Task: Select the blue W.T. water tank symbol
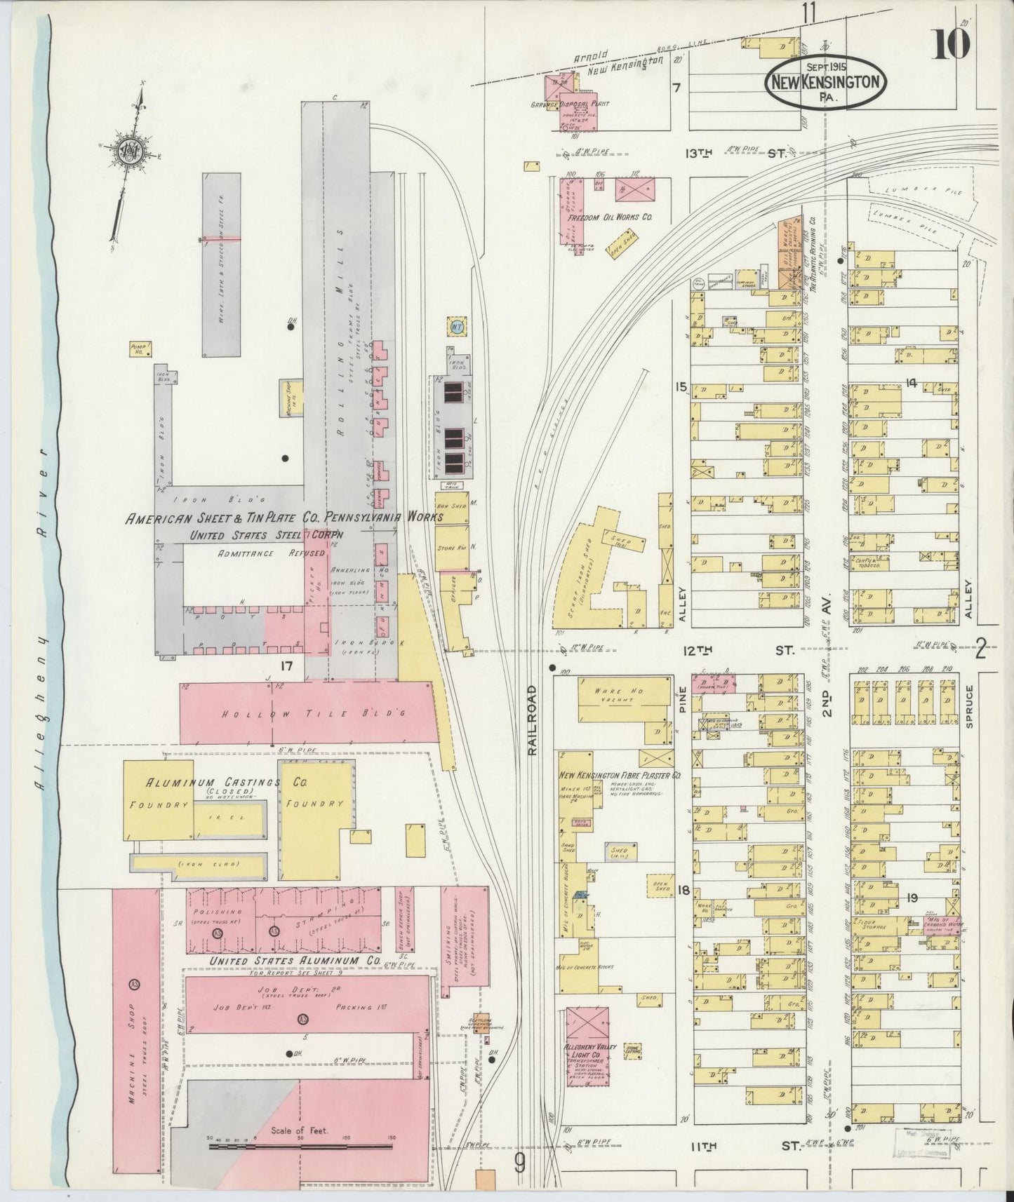point(455,326)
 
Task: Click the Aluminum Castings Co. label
point(211,782)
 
